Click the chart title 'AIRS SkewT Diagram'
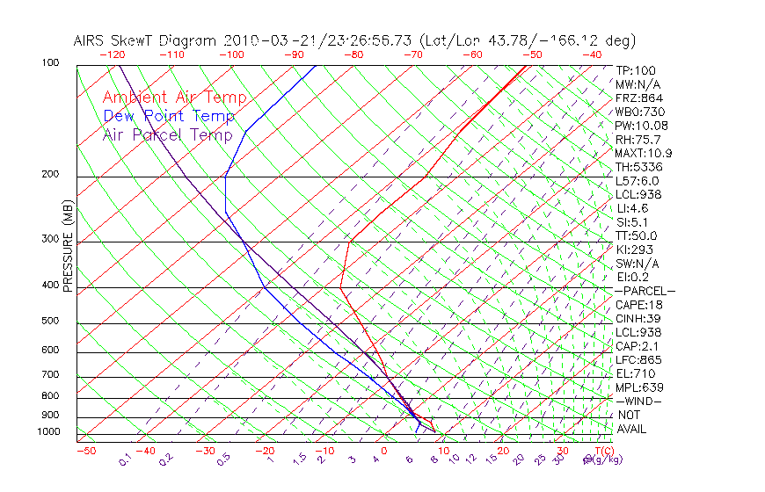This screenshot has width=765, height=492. [146, 40]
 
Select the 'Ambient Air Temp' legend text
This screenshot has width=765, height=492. [175, 98]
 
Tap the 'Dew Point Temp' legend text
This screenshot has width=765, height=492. [169, 116]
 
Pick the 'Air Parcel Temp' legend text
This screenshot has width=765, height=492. [168, 134]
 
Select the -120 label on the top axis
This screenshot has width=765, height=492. [113, 54]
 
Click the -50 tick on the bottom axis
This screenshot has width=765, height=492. [85, 451]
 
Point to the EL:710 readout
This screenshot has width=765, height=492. [634, 373]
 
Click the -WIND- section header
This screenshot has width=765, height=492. [639, 401]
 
